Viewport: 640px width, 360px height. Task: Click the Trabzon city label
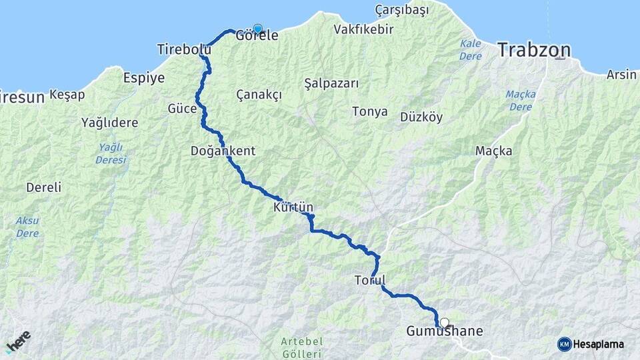tap(535, 50)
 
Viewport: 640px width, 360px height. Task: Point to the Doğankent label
tap(223, 151)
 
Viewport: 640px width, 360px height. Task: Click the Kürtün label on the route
tap(293, 208)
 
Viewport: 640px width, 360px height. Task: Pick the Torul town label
tap(371, 281)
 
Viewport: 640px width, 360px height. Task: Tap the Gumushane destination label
tap(445, 331)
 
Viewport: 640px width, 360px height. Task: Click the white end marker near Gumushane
tap(445, 323)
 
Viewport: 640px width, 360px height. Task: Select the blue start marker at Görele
tap(257, 29)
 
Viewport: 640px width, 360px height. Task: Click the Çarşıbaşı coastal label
tap(401, 10)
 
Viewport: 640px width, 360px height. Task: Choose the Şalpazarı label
tap(331, 83)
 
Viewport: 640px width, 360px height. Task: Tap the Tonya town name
tap(369, 111)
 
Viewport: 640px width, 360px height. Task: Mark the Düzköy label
tap(421, 117)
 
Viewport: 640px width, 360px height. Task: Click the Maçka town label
tap(494, 151)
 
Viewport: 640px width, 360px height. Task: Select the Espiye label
tap(144, 78)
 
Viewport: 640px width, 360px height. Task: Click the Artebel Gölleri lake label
tap(302, 347)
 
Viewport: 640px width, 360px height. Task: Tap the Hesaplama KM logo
tap(591, 344)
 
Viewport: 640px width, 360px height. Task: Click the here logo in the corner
tap(18, 342)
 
